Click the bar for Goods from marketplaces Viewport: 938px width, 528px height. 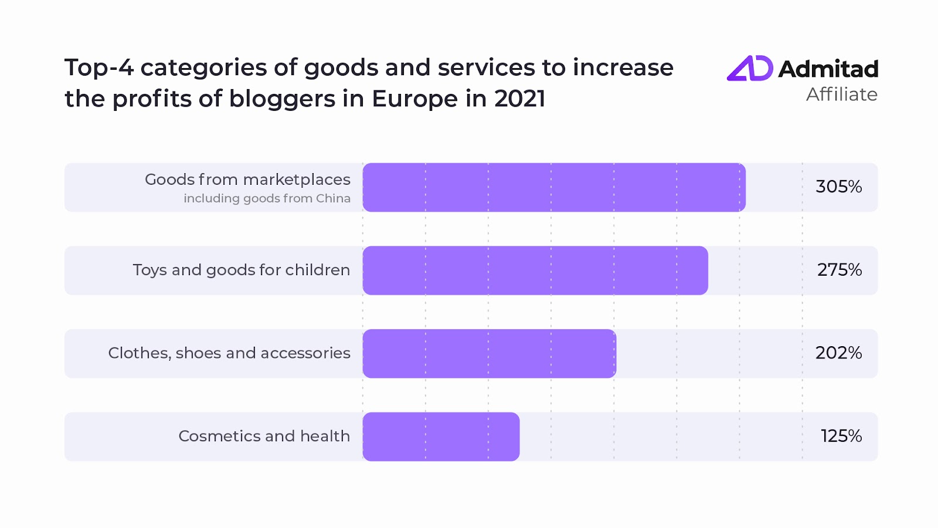(554, 187)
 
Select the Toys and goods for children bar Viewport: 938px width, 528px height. (535, 270)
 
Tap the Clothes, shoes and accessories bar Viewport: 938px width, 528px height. (490, 353)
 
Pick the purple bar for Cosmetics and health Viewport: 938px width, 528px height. (441, 436)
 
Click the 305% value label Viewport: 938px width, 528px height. (838, 187)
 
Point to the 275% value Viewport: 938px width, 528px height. (839, 270)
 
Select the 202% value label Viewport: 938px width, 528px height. (838, 353)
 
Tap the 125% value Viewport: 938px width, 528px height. (841, 436)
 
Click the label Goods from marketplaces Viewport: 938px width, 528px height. (247, 180)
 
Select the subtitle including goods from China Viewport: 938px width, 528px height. (267, 198)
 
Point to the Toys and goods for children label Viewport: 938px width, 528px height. (241, 270)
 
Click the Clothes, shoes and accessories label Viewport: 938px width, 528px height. (229, 353)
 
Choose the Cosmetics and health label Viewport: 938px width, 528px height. (264, 436)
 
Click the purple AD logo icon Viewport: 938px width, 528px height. (750, 69)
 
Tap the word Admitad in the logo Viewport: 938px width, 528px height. (828, 69)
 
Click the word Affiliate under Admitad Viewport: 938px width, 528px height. (841, 94)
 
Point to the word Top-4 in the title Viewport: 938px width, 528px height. (98, 68)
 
